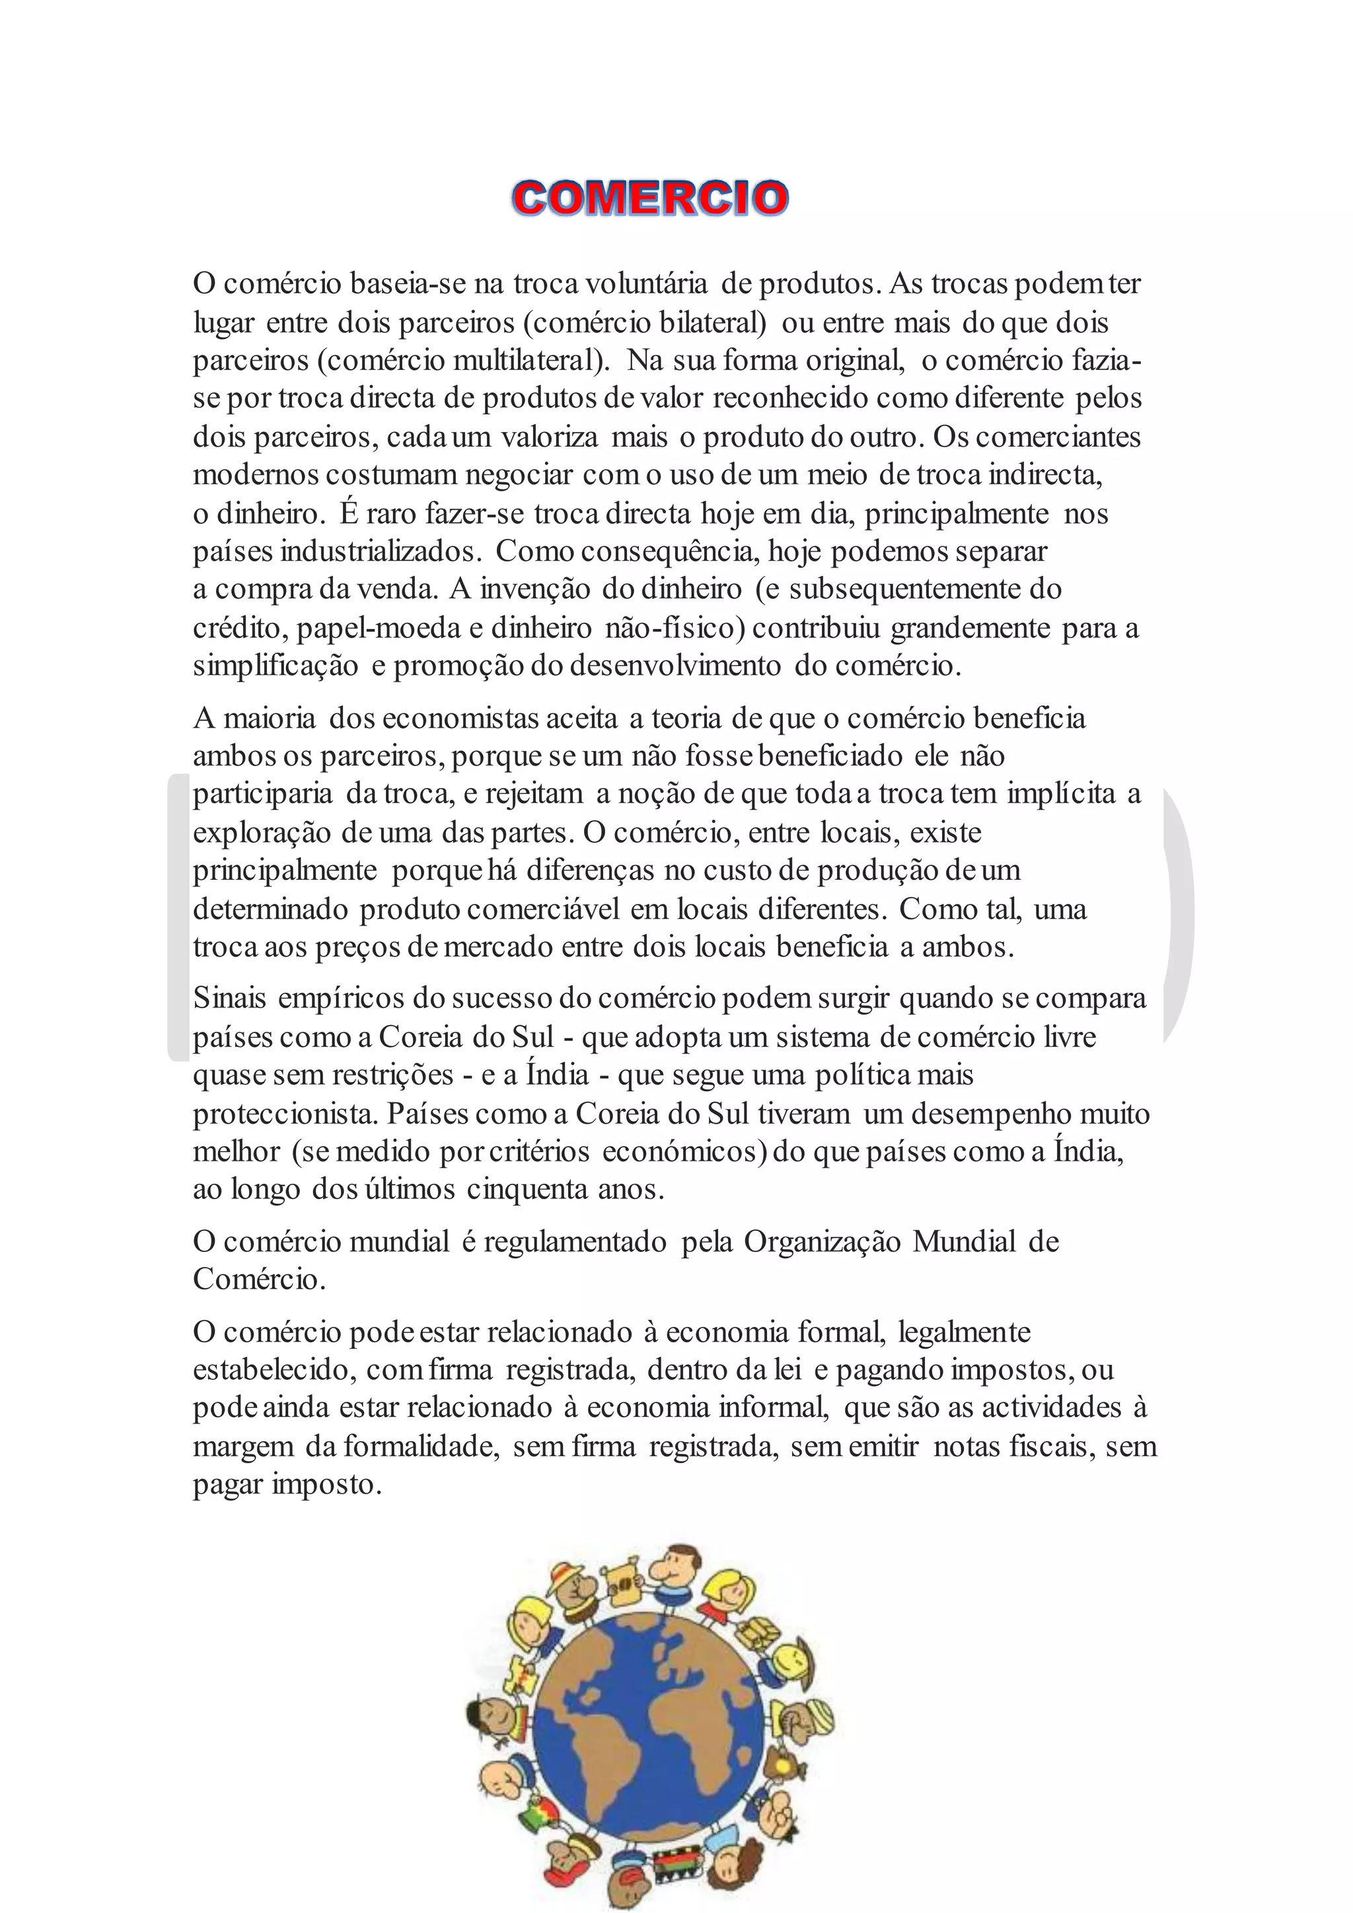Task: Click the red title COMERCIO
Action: (650, 198)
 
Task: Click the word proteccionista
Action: (285, 1114)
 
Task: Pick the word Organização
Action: (823, 1243)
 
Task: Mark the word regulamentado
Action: (575, 1243)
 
